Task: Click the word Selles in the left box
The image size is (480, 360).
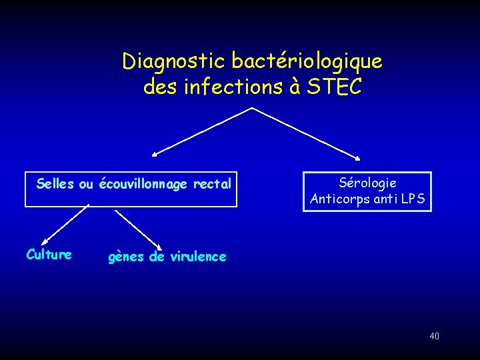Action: (56, 183)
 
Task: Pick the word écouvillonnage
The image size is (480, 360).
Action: (143, 184)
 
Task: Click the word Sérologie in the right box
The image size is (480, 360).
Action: (367, 183)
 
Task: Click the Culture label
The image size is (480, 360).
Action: (49, 254)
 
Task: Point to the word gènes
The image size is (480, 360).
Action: (127, 257)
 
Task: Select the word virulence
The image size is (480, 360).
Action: (198, 257)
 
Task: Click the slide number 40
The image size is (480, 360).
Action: (434, 336)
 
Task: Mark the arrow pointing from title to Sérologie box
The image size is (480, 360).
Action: (307, 133)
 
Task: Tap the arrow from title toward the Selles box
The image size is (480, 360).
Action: (200, 132)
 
